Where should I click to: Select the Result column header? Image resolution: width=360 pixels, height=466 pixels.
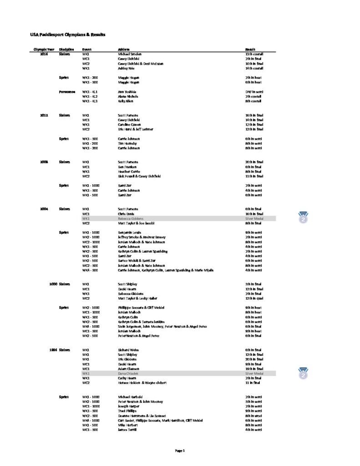(x=250, y=49)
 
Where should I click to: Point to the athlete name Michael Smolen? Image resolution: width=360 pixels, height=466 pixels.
(x=130, y=54)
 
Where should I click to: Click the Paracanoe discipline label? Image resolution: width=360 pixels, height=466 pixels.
(x=67, y=91)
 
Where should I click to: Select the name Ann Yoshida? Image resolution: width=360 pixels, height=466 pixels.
(x=127, y=91)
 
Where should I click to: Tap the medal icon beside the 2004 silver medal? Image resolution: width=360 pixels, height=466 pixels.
(x=304, y=218)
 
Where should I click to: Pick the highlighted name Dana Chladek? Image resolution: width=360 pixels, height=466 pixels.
(x=130, y=373)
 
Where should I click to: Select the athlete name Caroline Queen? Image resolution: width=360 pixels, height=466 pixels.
(x=130, y=124)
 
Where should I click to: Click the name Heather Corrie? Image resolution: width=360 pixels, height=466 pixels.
(x=129, y=172)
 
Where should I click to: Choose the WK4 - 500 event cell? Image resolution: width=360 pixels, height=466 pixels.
(x=91, y=270)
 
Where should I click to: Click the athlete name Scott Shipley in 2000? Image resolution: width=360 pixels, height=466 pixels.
(x=128, y=284)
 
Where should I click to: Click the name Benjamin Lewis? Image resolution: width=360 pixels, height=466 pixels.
(x=130, y=233)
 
